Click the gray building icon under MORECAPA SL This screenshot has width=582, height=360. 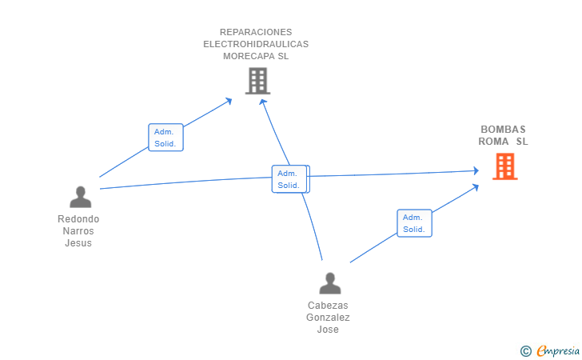(x=257, y=81)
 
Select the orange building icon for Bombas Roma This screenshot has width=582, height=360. (x=504, y=166)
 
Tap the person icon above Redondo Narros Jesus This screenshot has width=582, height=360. (x=80, y=197)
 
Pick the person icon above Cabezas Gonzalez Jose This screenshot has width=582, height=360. (x=329, y=283)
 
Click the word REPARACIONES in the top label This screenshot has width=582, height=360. (x=256, y=32)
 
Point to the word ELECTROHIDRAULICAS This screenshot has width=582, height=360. (x=256, y=44)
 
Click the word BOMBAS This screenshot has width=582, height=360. (x=503, y=130)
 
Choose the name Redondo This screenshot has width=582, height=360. (x=78, y=219)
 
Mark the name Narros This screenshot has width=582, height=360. (x=78, y=231)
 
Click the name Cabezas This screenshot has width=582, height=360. (x=328, y=306)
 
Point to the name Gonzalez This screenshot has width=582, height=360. (x=328, y=318)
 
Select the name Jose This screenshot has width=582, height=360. (x=328, y=330)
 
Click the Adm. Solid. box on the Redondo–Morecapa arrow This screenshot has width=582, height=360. (x=165, y=138)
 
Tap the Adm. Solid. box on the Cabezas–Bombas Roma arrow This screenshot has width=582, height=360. (x=414, y=223)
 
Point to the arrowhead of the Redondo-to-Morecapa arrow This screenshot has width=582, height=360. (x=229, y=101)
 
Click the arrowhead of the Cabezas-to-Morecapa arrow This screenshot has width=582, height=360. (x=263, y=102)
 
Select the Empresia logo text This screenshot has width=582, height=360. (x=558, y=350)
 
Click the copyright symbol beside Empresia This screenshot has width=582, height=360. (x=526, y=351)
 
